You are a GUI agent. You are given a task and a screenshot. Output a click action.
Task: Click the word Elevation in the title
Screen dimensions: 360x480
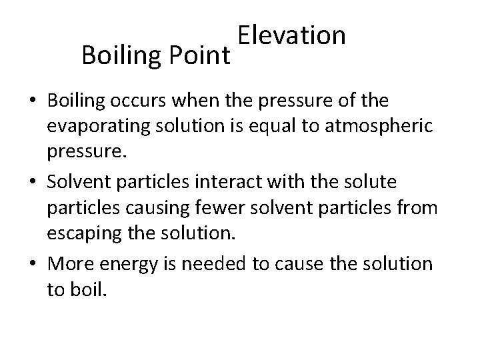coord(291,36)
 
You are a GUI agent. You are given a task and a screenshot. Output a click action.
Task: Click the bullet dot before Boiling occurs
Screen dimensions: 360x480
coord(32,101)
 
